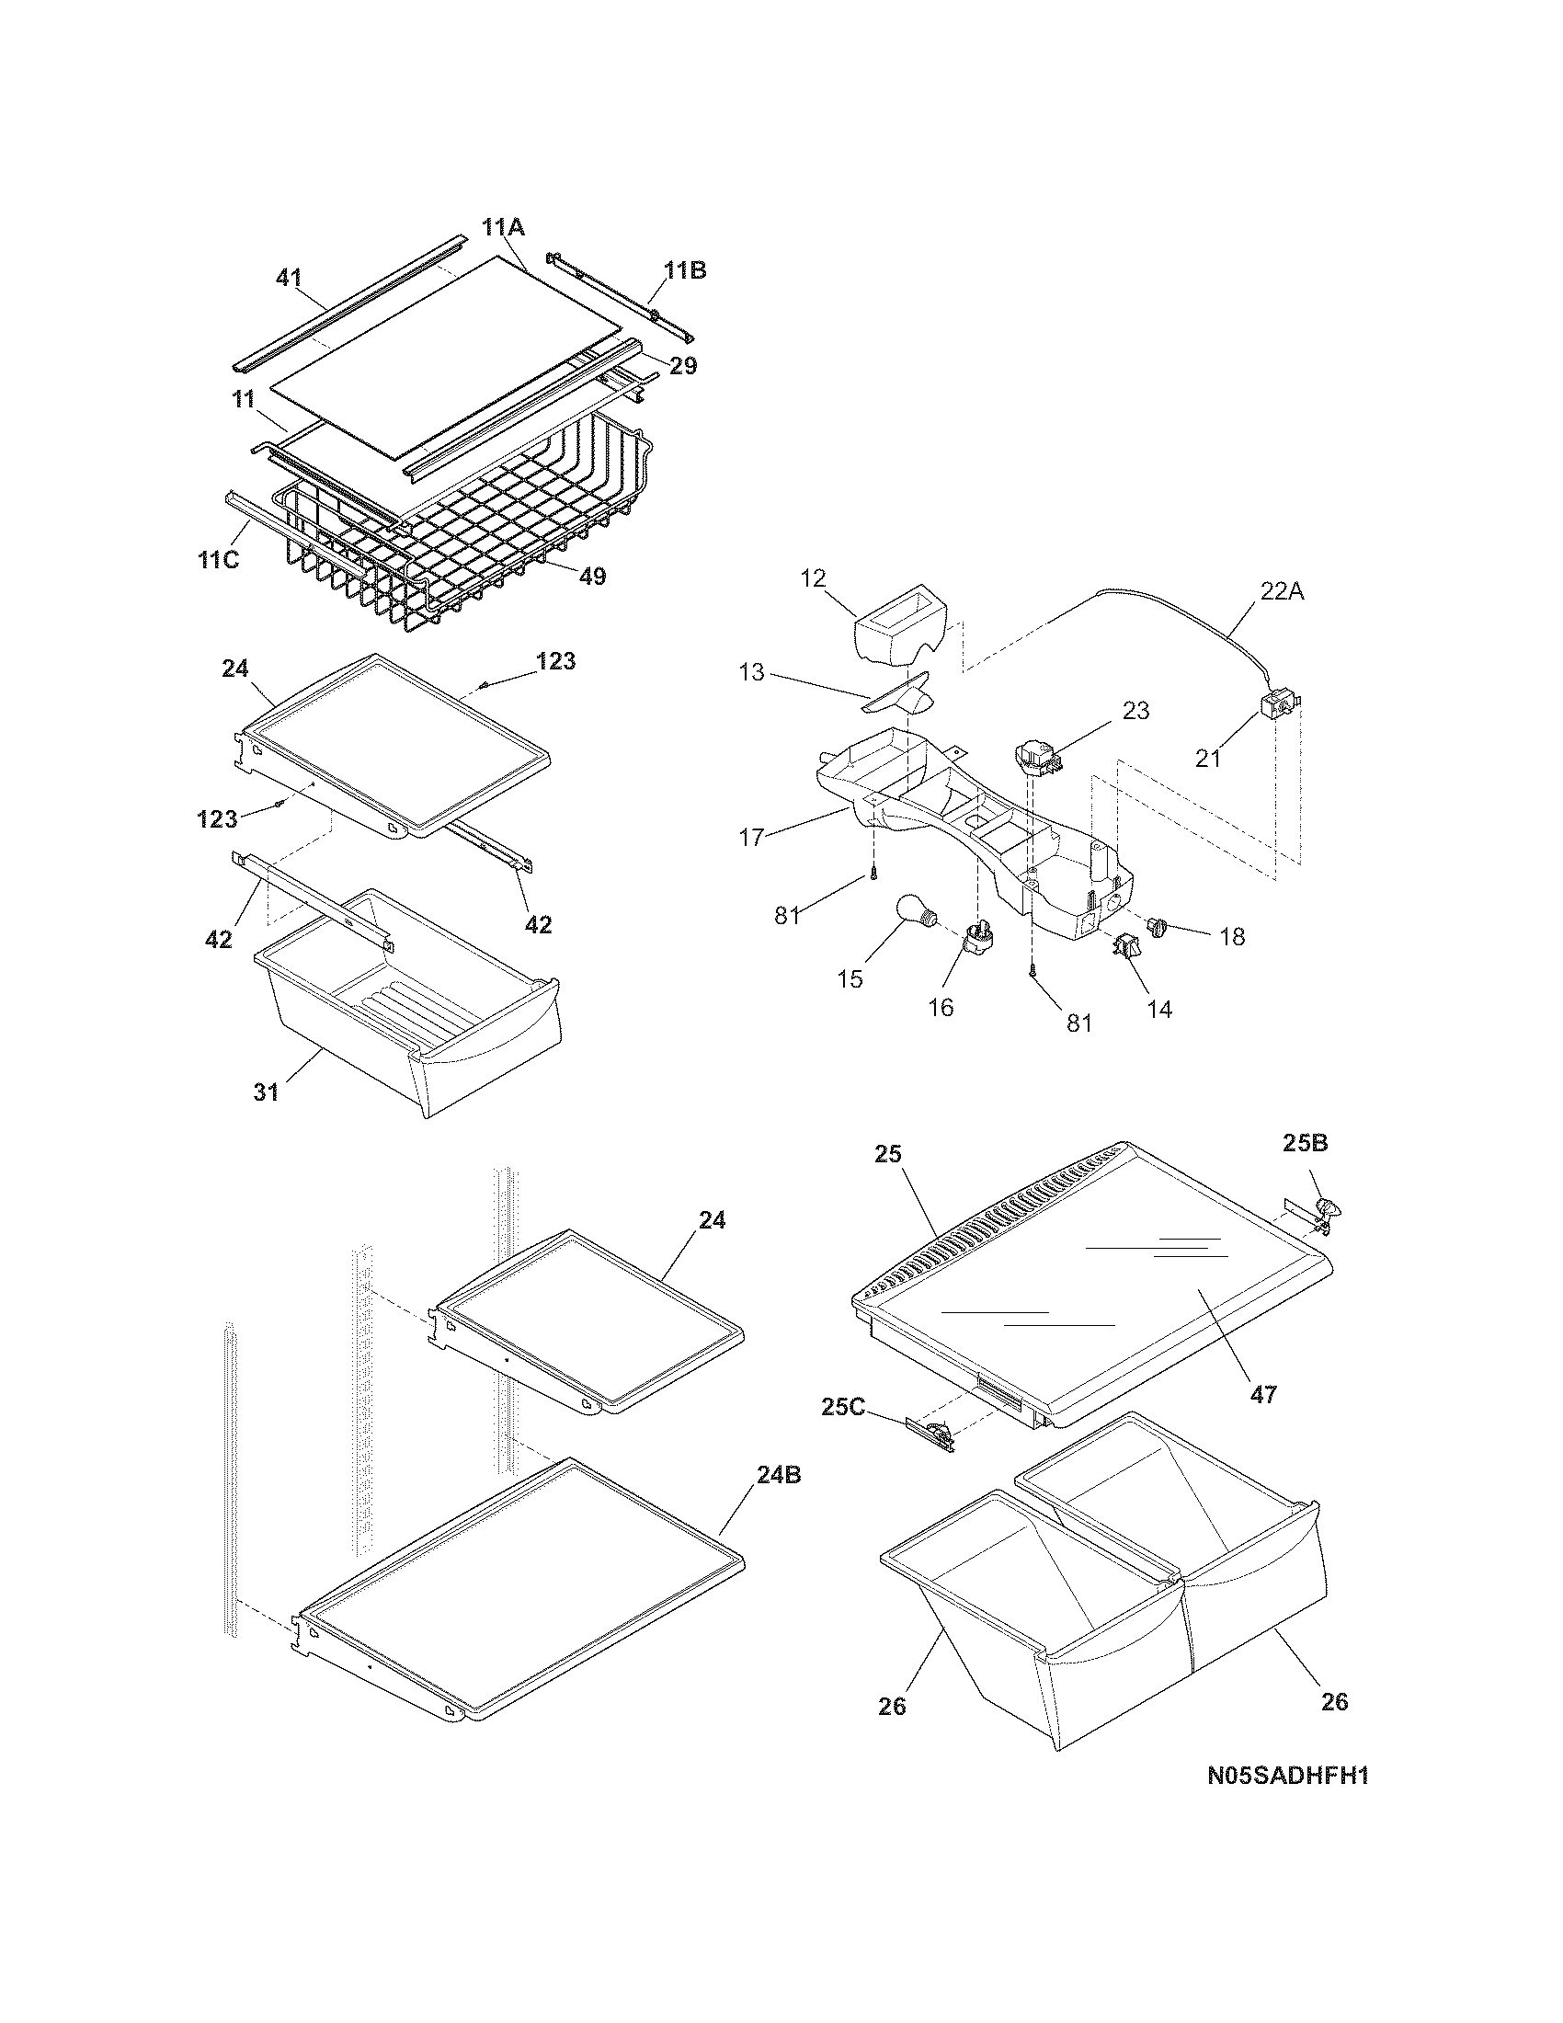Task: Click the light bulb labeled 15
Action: [x=917, y=916]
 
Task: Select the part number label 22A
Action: [x=1282, y=590]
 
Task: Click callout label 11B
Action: [x=685, y=270]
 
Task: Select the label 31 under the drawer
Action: [x=267, y=1092]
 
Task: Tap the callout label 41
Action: [x=289, y=277]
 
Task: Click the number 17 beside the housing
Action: [x=752, y=838]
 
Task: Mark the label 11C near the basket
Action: [x=219, y=560]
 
